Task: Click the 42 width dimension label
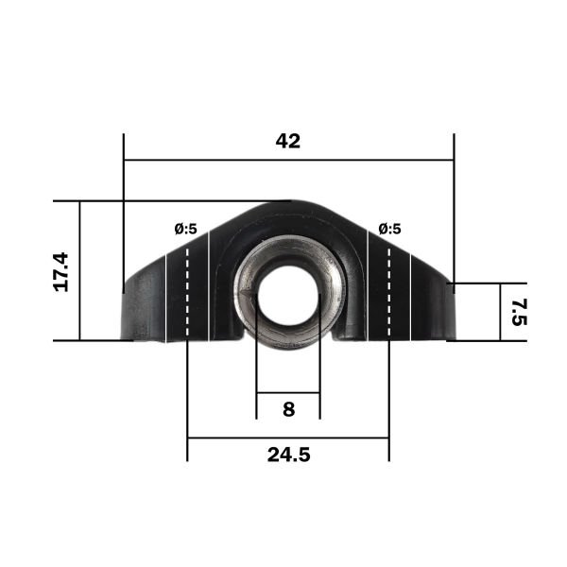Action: pyautogui.click(x=288, y=141)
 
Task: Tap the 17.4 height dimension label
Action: pyautogui.click(x=60, y=272)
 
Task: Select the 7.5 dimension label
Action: pyautogui.click(x=520, y=312)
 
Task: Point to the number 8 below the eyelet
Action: pyautogui.click(x=288, y=409)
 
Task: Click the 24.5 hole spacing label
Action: pyautogui.click(x=288, y=455)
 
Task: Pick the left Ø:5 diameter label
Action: pyautogui.click(x=186, y=229)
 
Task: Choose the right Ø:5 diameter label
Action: pyautogui.click(x=389, y=229)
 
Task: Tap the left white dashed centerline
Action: pyautogui.click(x=187, y=292)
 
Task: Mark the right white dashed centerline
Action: pyautogui.click(x=389, y=292)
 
